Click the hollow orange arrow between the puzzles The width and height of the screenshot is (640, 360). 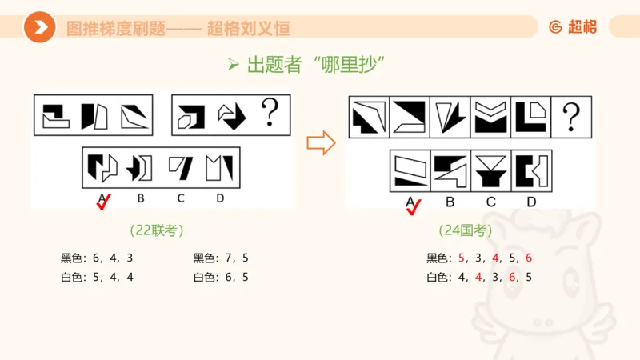[320, 143]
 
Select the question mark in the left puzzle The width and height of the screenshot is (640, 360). [270, 115]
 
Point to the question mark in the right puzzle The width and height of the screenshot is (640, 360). [570, 117]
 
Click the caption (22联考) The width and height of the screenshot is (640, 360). [157, 230]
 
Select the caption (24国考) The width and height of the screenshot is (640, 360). [465, 230]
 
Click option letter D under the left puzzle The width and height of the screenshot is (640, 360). [220, 198]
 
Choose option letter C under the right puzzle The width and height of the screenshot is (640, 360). [491, 202]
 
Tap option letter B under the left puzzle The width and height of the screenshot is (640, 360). [141, 198]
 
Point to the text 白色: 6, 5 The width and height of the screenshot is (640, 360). [221, 278]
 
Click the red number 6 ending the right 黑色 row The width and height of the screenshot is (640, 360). [529, 258]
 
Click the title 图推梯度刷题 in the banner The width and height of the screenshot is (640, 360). [115, 29]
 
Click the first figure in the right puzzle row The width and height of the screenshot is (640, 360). [370, 117]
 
